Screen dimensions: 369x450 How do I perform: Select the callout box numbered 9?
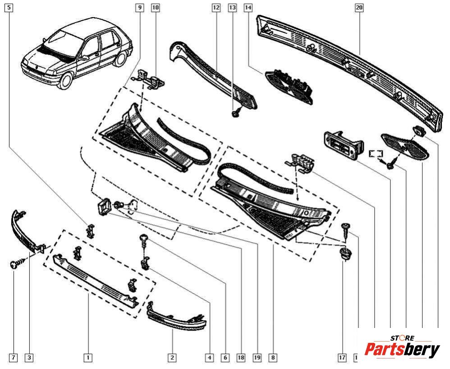pos(140,8)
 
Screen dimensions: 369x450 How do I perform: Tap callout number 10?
pos(156,8)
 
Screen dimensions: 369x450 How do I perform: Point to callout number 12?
pos(216,8)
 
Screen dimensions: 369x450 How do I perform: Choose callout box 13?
pos(232,8)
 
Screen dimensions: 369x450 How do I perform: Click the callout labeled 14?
pos(248,8)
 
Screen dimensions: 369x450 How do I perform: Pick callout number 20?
pos(359,8)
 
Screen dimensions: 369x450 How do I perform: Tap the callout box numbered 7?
pos(13,358)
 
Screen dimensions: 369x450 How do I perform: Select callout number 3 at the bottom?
pos(29,358)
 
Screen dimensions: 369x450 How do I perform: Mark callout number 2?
pos(172,358)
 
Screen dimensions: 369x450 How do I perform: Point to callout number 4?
pos(209,358)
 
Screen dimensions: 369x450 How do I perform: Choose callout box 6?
pos(225,358)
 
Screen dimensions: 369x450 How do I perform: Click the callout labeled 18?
pos(241,358)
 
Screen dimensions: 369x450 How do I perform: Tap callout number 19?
pos(257,358)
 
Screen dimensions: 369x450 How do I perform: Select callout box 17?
pos(342,358)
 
